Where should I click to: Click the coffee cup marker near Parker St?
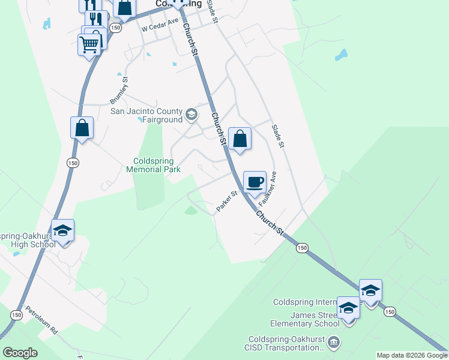tap(255, 182)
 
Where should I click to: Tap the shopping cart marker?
tap(89, 44)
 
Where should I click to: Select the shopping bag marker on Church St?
tap(240, 139)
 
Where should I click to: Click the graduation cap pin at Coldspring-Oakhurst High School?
tap(63, 231)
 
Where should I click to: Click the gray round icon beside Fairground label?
tap(191, 114)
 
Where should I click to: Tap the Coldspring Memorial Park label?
tap(154, 166)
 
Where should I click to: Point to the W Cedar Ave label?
tap(160, 28)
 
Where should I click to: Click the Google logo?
tap(20, 353)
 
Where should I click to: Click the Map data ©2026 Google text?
tap(411, 356)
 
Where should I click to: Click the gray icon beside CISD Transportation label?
tap(334, 343)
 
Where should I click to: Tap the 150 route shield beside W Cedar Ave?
tap(115, 28)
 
